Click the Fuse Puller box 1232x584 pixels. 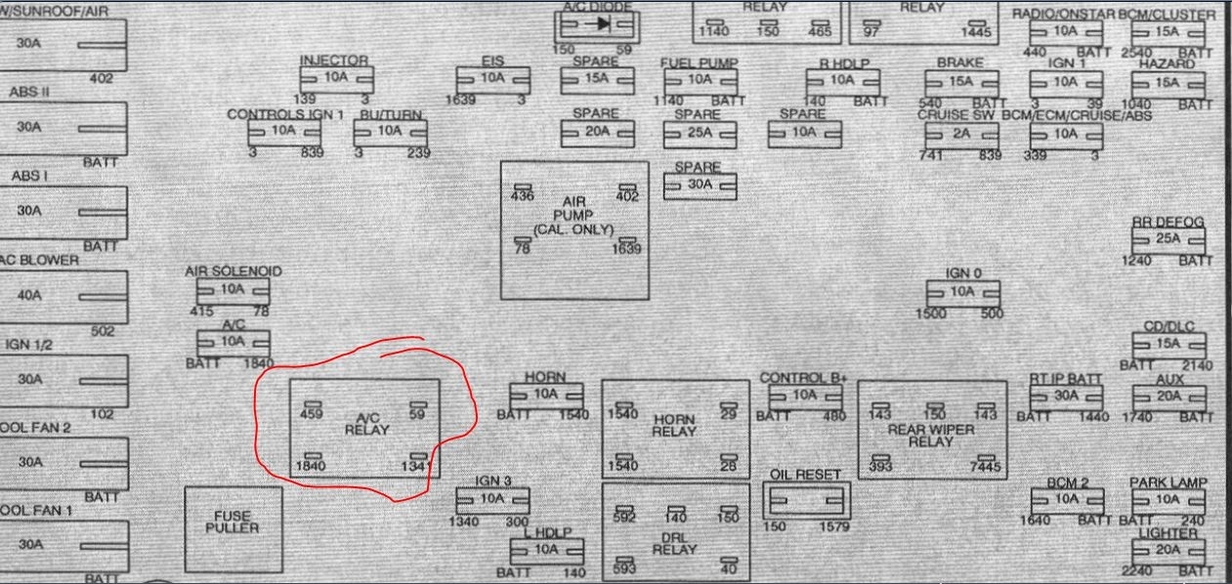click(x=232, y=527)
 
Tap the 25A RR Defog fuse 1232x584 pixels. click(x=1168, y=240)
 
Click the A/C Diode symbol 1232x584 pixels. click(x=596, y=23)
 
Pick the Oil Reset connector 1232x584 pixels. click(x=806, y=501)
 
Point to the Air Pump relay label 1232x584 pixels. click(x=574, y=215)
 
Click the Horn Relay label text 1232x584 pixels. click(x=674, y=425)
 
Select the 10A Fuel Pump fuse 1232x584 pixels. click(x=699, y=79)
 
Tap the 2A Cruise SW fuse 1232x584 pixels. click(x=962, y=133)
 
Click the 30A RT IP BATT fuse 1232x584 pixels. click(x=1066, y=396)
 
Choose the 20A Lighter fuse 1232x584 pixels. click(x=1168, y=551)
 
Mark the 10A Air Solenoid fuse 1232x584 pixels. click(x=233, y=290)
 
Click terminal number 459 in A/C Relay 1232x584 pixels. click(x=312, y=413)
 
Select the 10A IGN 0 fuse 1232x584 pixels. click(x=962, y=292)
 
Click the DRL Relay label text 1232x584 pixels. click(x=674, y=542)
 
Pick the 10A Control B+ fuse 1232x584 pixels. click(x=805, y=396)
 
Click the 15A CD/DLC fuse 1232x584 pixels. click(x=1168, y=344)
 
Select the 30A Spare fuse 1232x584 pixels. click(x=700, y=185)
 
